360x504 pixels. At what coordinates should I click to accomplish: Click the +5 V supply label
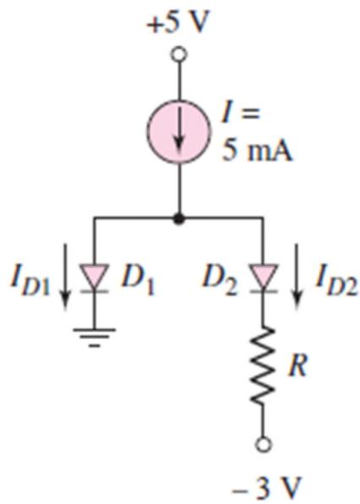point(178,24)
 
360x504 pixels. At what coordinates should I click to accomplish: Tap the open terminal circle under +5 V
point(179,54)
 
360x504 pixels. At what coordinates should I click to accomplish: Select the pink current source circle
point(179,131)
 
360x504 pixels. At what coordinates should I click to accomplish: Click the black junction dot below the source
point(179,219)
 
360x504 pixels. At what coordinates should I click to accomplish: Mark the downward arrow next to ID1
point(66,277)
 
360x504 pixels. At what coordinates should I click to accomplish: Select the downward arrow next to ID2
point(297,277)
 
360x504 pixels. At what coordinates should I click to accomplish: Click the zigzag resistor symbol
point(263,365)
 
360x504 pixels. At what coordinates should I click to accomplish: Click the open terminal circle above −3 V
point(263,445)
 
